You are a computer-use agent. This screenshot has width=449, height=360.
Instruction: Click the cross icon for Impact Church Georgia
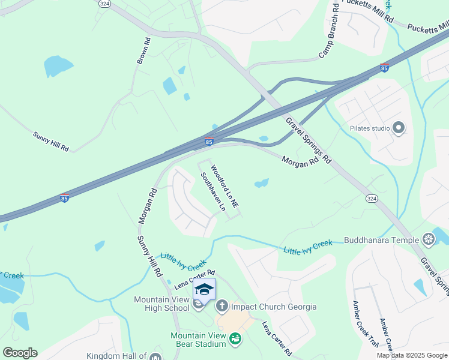pyautogui.click(x=221, y=307)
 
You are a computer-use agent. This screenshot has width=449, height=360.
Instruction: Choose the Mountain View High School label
pyautogui.click(x=161, y=304)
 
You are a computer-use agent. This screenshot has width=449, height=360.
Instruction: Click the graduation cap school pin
pyautogui.click(x=204, y=290)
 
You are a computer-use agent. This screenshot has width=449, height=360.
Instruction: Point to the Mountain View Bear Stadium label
pyautogui.click(x=198, y=340)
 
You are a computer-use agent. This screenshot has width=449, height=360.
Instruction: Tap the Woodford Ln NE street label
pyautogui.click(x=225, y=188)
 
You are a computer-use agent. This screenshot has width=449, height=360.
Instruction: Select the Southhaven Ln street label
pyautogui.click(x=212, y=192)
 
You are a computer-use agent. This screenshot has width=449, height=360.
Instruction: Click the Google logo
pyautogui.click(x=20, y=352)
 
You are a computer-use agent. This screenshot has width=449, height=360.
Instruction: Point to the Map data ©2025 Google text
pyautogui.click(x=412, y=355)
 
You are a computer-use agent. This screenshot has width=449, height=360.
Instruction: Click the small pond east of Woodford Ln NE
pyautogui.click(x=261, y=183)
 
